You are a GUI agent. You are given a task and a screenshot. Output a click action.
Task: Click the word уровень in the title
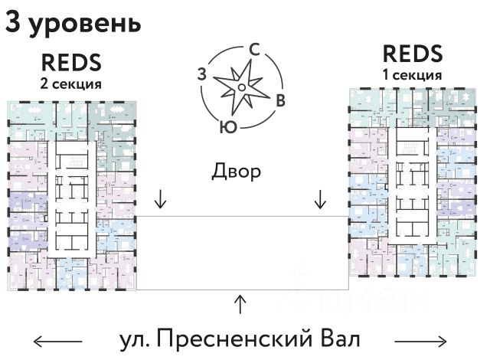(85, 25)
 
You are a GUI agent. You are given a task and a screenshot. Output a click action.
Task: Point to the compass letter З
(202, 74)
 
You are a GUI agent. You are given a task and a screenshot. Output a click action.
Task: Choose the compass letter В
(281, 100)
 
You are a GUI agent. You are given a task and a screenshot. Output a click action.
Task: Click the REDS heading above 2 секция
(70, 62)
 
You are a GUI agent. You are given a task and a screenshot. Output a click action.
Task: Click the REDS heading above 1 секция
(412, 54)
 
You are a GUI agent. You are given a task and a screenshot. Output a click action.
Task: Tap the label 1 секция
(412, 75)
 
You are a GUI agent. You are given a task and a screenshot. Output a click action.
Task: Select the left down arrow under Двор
(160, 199)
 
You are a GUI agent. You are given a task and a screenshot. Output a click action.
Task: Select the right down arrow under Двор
(321, 199)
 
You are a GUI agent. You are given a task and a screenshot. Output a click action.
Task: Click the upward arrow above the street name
(241, 303)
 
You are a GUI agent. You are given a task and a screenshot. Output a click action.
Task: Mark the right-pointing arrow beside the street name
(420, 339)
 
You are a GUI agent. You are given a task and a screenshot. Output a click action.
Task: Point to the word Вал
(336, 338)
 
